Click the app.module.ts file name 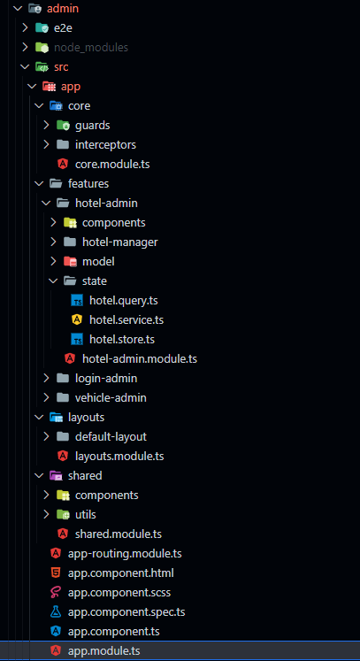click(103, 651)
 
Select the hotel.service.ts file click(126, 320)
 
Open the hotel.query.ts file click(124, 301)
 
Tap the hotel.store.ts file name click(122, 340)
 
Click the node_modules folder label click(90, 48)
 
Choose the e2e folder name click(63, 28)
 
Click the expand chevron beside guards click(46, 125)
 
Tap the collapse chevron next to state click(53, 281)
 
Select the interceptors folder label click(105, 144)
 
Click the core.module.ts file click(112, 164)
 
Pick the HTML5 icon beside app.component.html click(56, 573)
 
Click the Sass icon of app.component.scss click(56, 593)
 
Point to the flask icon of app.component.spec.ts click(56, 612)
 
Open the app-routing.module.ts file click(125, 554)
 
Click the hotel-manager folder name click(120, 242)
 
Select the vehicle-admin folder click(111, 397)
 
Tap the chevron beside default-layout click(46, 436)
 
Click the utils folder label click(86, 515)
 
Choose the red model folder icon click(70, 261)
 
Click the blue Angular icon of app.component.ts click(56, 632)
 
